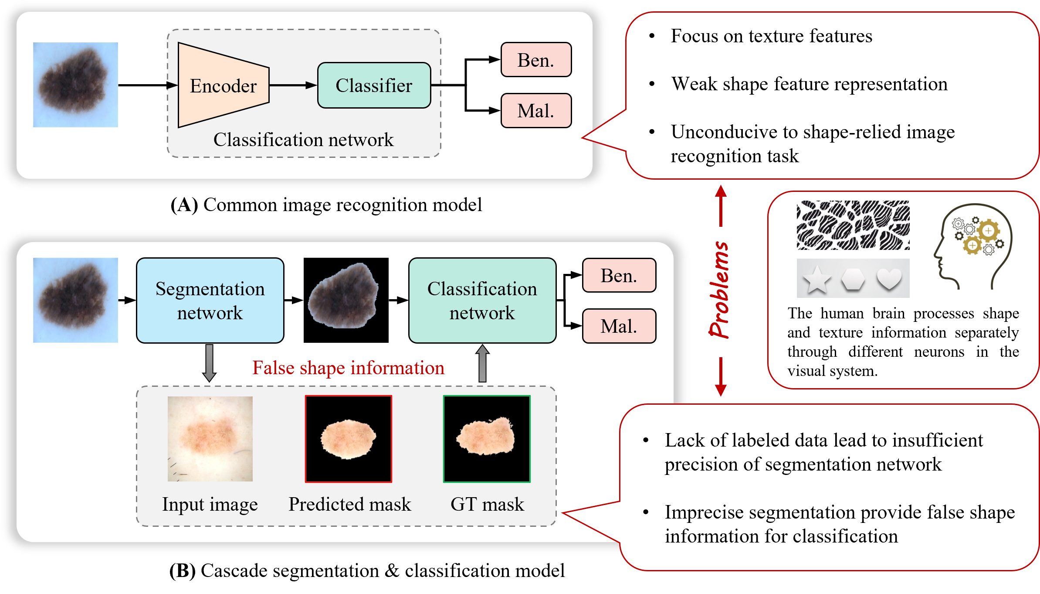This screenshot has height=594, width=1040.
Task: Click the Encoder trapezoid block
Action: tap(223, 85)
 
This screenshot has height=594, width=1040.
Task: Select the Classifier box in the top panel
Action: tap(374, 85)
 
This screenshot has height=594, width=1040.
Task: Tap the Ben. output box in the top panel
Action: tap(535, 60)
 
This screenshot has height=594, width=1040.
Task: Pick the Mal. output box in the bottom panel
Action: tap(619, 326)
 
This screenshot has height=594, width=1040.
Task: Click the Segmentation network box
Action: tap(210, 300)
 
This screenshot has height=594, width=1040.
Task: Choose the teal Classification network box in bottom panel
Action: tap(482, 300)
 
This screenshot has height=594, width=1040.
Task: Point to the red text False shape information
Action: tap(348, 368)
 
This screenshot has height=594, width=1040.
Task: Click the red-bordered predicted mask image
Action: tap(348, 439)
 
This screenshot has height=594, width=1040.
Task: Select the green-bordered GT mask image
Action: tap(487, 439)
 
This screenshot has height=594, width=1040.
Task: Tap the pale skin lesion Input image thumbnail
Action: tap(210, 439)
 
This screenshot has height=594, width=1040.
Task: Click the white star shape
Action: tap(817, 279)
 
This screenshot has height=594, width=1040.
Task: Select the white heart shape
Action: tap(889, 278)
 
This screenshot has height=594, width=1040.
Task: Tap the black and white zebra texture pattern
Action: tap(853, 225)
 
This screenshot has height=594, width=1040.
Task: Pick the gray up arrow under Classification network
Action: tap(482, 363)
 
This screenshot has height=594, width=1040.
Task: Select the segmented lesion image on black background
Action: tap(346, 300)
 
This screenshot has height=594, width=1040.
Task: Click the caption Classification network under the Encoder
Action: tap(303, 140)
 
